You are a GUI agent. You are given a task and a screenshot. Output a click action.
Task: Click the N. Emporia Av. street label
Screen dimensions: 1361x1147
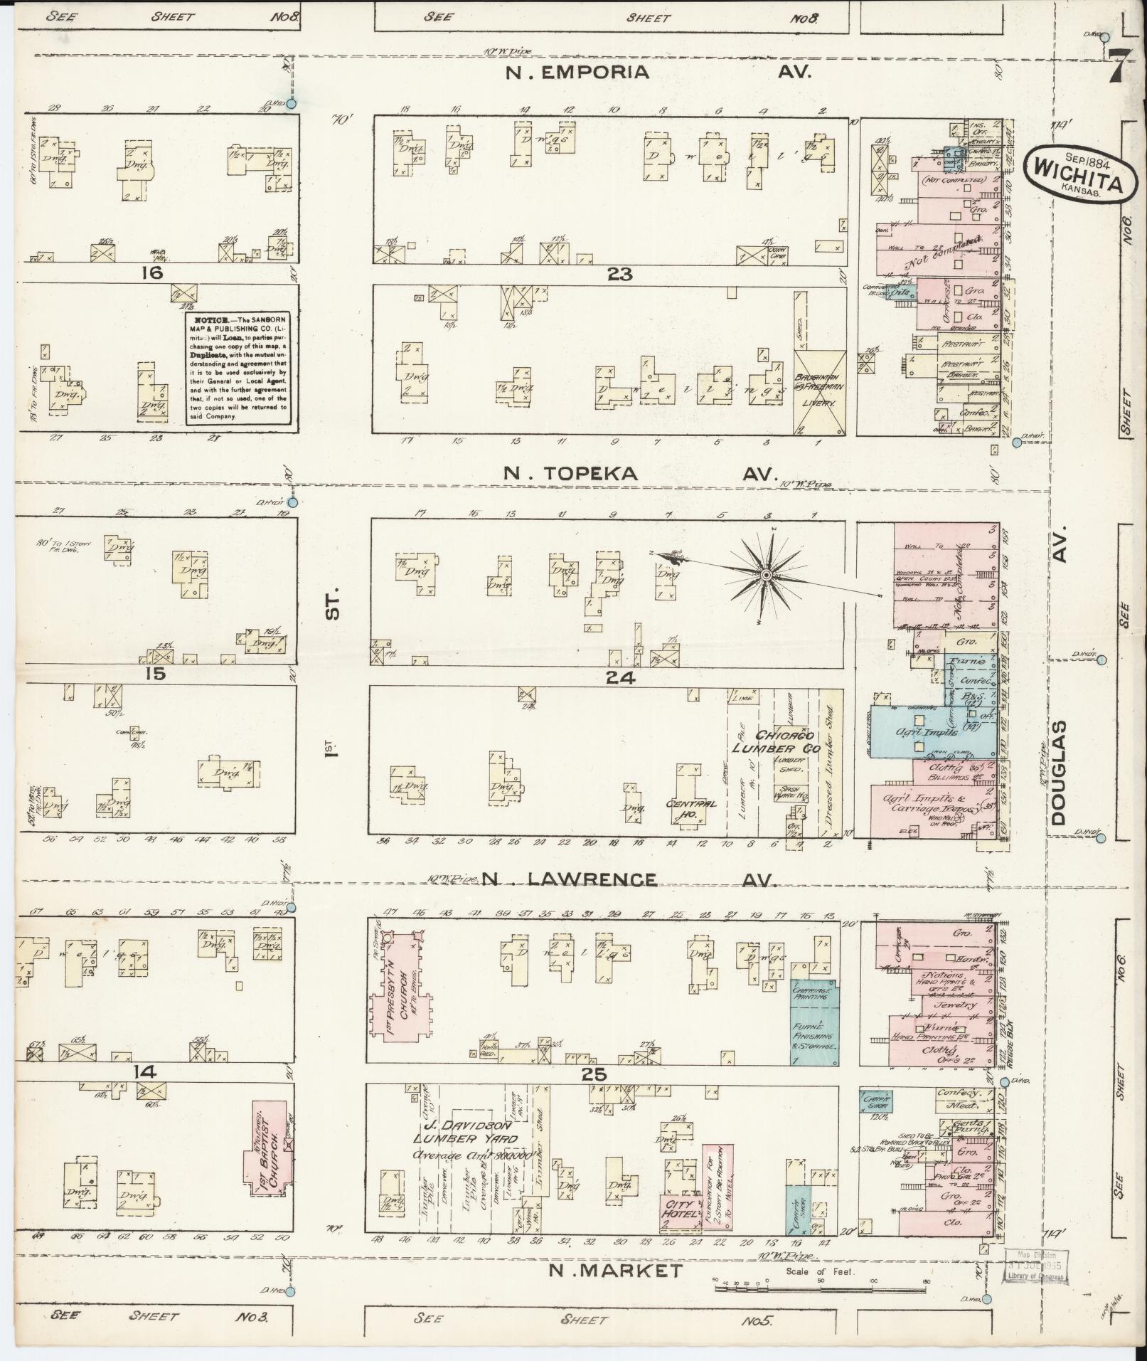click(x=658, y=72)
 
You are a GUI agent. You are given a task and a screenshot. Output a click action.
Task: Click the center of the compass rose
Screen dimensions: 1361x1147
click(x=766, y=573)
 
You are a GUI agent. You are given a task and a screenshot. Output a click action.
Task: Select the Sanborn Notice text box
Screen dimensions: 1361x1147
click(x=238, y=368)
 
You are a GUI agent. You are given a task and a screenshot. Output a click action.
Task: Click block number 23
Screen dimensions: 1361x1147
click(x=619, y=275)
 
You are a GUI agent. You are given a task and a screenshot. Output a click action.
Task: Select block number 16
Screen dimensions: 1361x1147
click(x=151, y=273)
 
